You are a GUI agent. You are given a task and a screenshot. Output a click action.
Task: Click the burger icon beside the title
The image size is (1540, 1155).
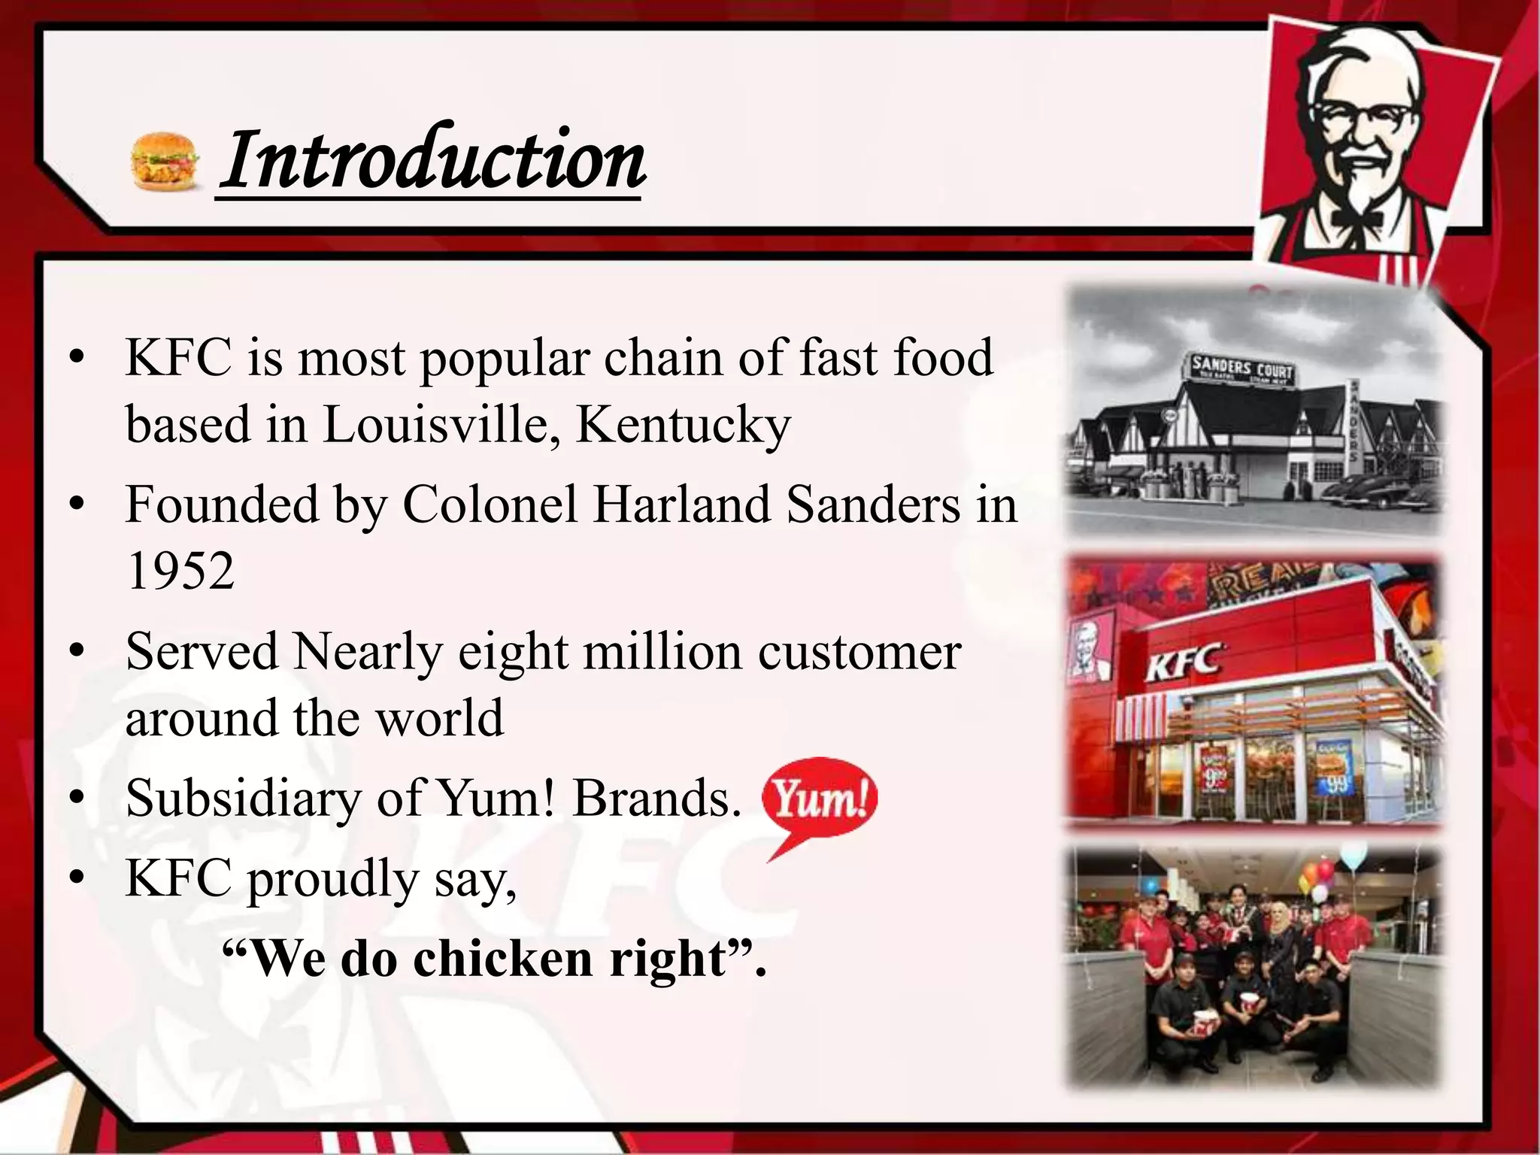click(165, 161)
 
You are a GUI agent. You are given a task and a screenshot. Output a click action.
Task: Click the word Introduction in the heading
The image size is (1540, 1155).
click(432, 159)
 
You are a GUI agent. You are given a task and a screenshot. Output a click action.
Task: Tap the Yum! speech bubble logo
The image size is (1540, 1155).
click(819, 799)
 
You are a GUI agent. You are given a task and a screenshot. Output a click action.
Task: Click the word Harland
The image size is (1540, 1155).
click(681, 504)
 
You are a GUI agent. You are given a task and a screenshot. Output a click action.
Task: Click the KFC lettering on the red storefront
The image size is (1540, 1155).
click(1183, 662)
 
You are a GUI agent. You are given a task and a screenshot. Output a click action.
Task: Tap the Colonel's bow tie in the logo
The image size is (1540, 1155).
click(1357, 218)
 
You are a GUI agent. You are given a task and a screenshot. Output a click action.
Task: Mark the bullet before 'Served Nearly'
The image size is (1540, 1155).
click(76, 652)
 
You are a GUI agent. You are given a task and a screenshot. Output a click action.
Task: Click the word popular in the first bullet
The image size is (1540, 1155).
click(504, 359)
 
